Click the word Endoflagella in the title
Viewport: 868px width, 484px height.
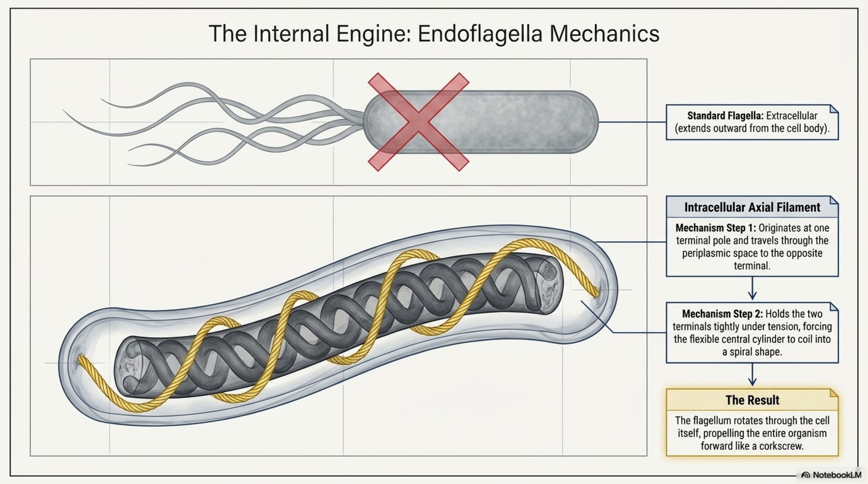(x=480, y=33)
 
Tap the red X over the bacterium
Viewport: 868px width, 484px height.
(x=418, y=122)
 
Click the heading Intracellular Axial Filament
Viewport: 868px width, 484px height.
(x=752, y=207)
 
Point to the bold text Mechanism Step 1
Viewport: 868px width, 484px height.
(x=715, y=228)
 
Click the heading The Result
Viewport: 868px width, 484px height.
(x=752, y=400)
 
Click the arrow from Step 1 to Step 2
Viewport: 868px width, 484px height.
(x=752, y=289)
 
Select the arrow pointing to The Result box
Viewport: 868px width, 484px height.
(x=752, y=375)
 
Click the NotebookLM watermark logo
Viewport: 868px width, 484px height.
(x=805, y=475)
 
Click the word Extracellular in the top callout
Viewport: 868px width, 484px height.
(x=791, y=116)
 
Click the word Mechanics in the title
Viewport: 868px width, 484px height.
(x=604, y=33)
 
